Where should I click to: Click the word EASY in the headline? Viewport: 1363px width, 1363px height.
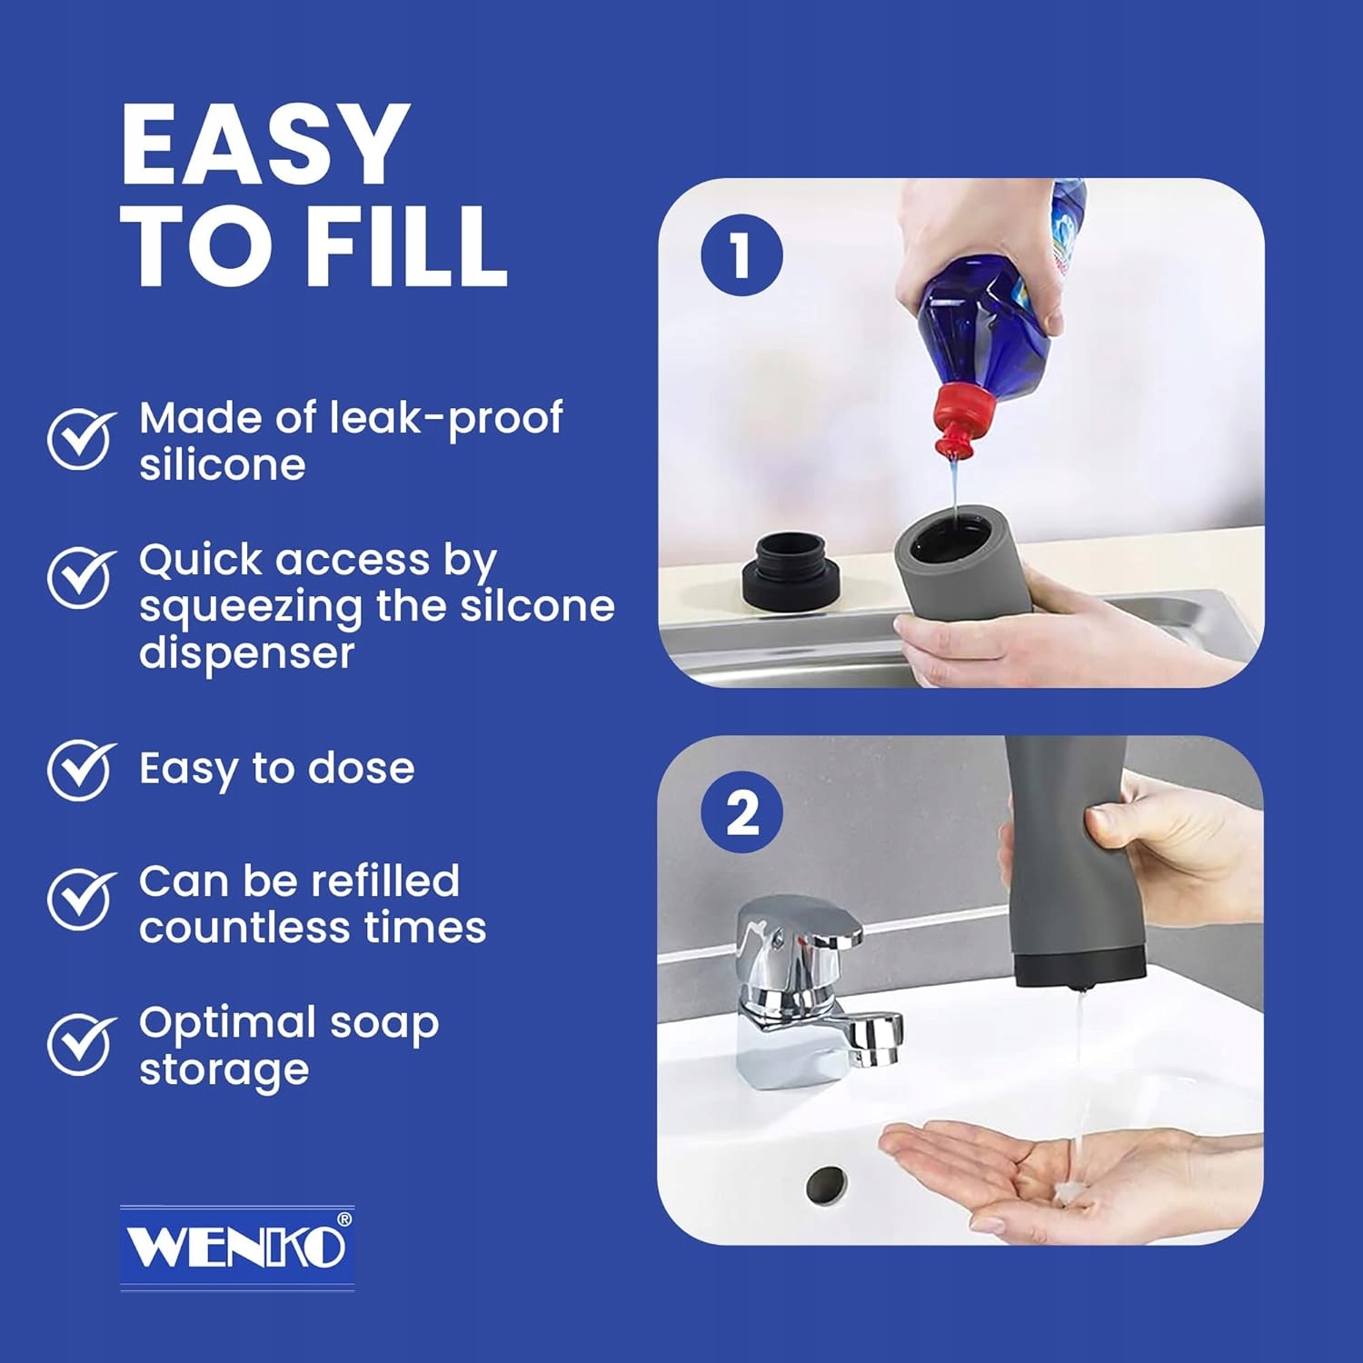(x=264, y=144)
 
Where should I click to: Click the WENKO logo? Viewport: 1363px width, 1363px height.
(x=237, y=1247)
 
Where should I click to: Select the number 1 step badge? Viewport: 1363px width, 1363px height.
(x=741, y=254)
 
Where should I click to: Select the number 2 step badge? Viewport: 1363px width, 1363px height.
(x=742, y=811)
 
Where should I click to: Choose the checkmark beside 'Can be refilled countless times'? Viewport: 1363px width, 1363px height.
(x=82, y=900)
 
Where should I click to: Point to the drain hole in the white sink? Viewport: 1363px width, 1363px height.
(x=827, y=1184)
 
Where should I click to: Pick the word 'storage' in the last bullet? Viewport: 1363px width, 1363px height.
(x=224, y=1070)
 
